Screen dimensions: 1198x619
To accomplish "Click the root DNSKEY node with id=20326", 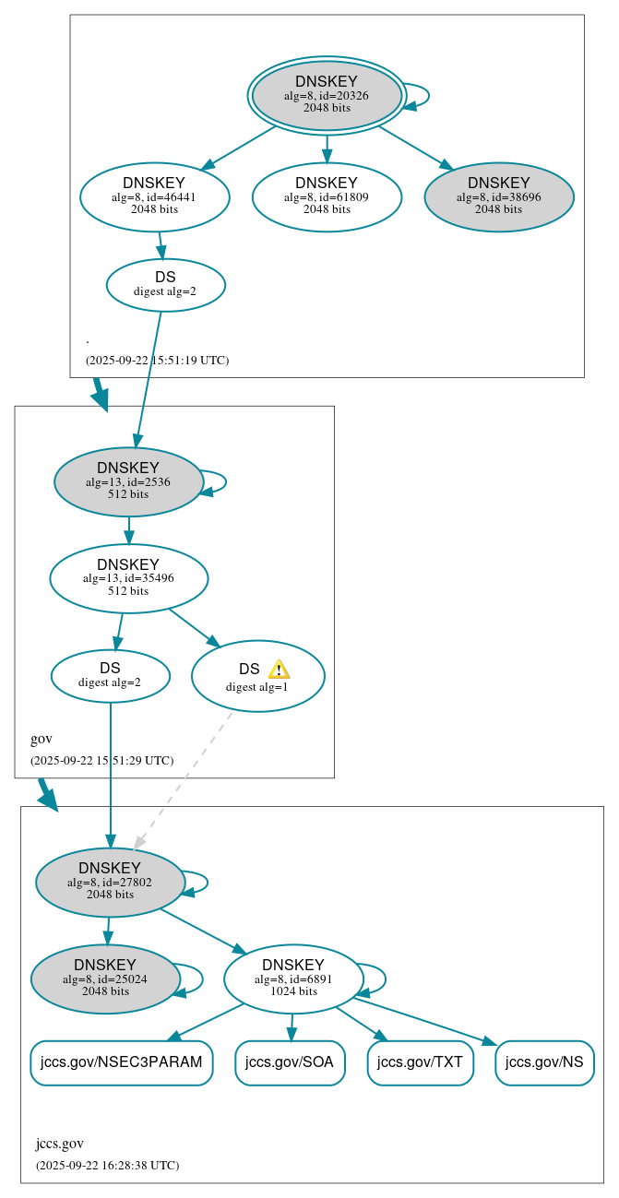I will (327, 95).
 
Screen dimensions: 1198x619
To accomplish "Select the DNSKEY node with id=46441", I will (154, 196).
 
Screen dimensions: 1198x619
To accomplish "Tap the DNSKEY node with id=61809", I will (327, 196).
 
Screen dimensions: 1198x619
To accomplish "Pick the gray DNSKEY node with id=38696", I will (498, 196).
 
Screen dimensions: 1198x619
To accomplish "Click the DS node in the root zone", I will (165, 284).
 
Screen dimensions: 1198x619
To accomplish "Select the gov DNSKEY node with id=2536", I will (128, 481).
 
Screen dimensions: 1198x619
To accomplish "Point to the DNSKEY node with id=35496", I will (128, 578).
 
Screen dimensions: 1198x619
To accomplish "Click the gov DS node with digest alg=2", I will (110, 676).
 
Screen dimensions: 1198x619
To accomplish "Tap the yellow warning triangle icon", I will (279, 670).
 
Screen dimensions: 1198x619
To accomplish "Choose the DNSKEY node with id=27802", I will (110, 882).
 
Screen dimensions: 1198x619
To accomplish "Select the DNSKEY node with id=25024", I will (105, 979).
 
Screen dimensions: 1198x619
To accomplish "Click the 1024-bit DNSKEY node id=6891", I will (293, 979).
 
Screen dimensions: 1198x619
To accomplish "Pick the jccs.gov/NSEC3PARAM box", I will (121, 1062).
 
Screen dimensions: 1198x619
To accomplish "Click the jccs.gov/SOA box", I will (290, 1062).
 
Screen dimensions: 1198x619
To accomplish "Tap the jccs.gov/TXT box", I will (420, 1062).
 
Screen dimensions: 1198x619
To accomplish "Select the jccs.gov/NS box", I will (544, 1062).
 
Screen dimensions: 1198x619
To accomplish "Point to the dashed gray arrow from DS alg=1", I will (185, 778).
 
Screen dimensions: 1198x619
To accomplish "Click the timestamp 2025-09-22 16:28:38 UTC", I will (107, 1166).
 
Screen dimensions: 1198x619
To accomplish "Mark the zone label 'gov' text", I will (42, 739).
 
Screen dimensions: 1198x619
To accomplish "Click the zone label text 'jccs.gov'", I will (60, 1144).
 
